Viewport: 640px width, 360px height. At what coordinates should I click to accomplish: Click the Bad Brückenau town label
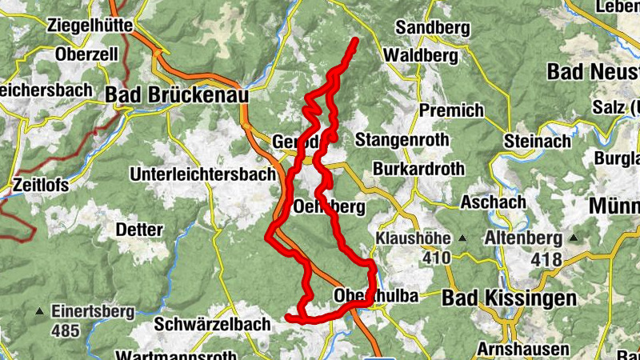[176, 94]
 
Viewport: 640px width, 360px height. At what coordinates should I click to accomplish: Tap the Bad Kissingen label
[509, 298]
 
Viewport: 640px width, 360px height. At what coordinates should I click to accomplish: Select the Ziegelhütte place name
[90, 25]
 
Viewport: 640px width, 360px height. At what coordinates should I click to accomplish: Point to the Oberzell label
[87, 54]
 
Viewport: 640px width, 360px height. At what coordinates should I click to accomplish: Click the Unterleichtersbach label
[203, 174]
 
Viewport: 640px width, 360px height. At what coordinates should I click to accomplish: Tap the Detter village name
[139, 230]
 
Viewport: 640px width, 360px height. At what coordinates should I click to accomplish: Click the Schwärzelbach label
[209, 324]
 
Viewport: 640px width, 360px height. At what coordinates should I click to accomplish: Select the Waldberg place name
[420, 55]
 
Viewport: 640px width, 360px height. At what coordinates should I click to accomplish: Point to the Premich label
[451, 110]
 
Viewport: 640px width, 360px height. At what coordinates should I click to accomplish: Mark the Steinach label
[538, 141]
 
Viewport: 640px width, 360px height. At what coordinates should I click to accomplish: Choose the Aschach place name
[492, 202]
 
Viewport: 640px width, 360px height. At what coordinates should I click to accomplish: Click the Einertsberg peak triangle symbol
[40, 310]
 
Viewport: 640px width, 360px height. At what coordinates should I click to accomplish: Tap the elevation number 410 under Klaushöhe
[437, 258]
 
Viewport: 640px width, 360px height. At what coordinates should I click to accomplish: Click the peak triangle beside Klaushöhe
[462, 238]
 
